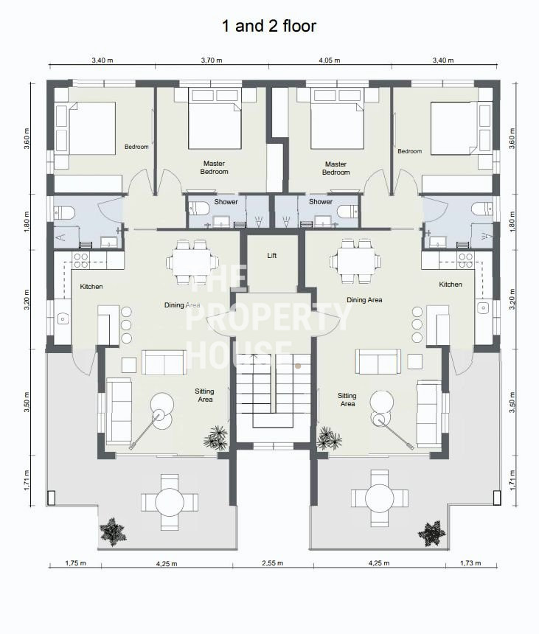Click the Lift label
272,256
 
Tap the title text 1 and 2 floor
269,26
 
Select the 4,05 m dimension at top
330,60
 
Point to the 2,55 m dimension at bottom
273,562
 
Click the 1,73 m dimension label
470,562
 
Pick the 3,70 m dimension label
212,60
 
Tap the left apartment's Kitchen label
91,286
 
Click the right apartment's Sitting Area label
347,400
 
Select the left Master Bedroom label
215,167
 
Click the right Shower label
321,201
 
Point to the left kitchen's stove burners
81,261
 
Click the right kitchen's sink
483,307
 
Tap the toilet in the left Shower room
199,209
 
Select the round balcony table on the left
170,503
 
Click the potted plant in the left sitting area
216,437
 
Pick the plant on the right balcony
432,534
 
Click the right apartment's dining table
355,261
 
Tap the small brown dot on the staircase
298,366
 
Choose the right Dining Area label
364,299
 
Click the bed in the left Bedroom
91,128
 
